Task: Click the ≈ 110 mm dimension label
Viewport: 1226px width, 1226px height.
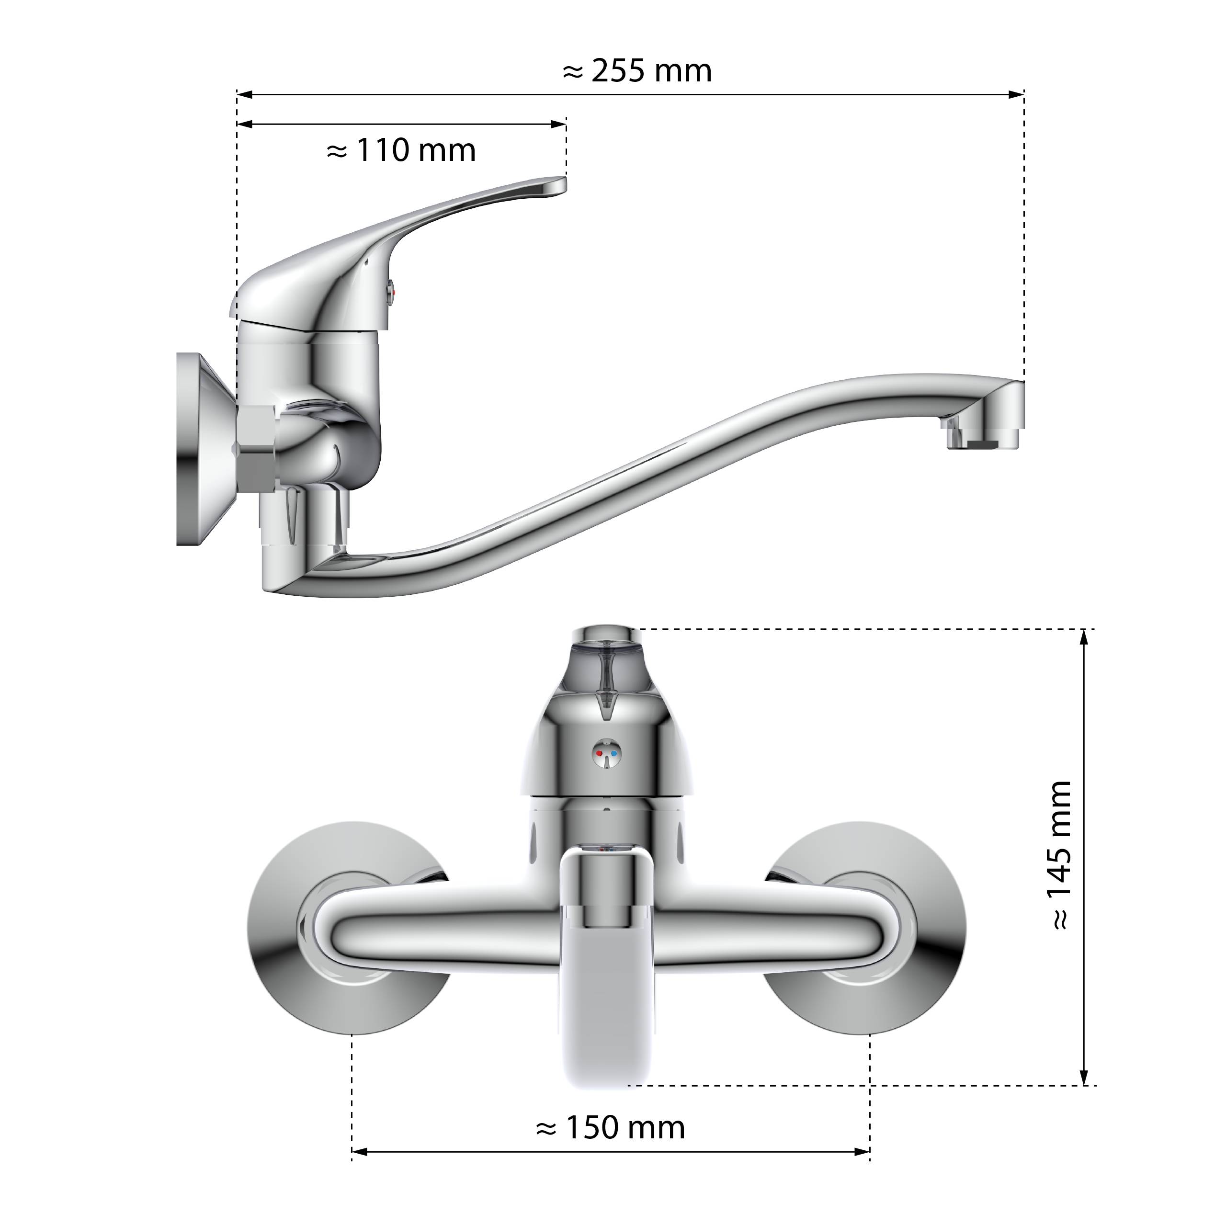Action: coord(400,151)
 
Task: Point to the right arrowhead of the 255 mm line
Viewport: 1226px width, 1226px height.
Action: coord(1017,94)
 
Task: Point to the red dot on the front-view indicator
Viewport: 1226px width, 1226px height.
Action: coord(600,754)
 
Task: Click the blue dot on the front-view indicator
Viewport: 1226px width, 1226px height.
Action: coord(613,754)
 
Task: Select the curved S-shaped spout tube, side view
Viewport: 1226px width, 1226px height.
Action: coord(635,482)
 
